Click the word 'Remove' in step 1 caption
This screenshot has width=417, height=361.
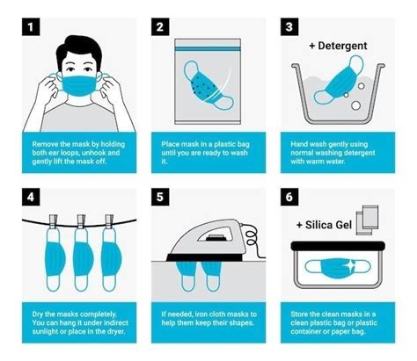[x=45, y=141]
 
